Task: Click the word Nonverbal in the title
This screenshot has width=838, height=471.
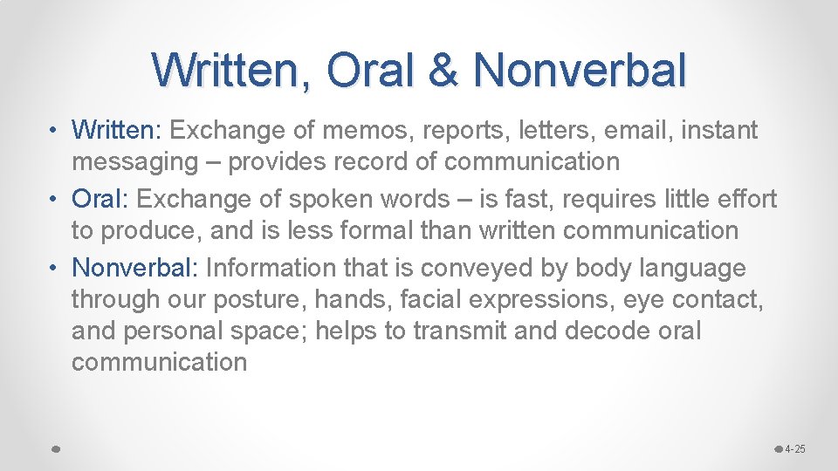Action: [580, 70]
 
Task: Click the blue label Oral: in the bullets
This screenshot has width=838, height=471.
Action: [100, 199]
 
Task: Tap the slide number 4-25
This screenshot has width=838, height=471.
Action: [795, 449]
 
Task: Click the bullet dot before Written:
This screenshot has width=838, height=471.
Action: [53, 132]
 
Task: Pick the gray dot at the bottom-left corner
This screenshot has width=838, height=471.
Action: [55, 448]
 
